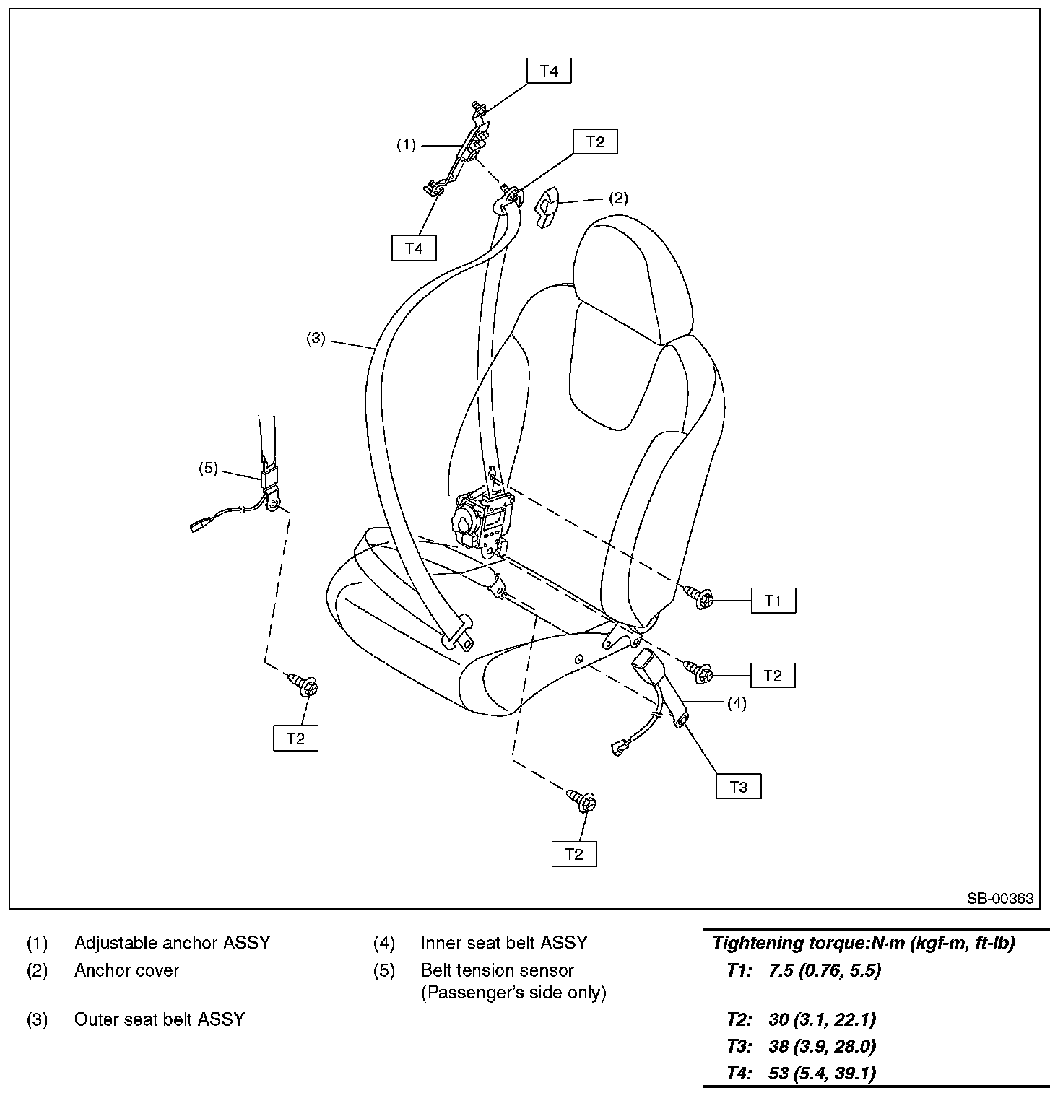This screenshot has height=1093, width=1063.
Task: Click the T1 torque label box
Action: pyautogui.click(x=773, y=601)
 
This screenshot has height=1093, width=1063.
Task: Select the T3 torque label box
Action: pyautogui.click(x=739, y=786)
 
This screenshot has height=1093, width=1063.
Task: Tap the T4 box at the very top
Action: pyautogui.click(x=549, y=71)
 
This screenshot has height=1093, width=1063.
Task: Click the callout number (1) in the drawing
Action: pyautogui.click(x=407, y=145)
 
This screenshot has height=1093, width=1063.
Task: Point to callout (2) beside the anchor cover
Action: pyautogui.click(x=618, y=198)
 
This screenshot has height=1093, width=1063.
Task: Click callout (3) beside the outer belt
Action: pyautogui.click(x=316, y=338)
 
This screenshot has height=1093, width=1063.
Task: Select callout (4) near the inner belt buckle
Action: pyautogui.click(x=736, y=702)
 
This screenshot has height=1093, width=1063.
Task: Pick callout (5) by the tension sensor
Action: pyautogui.click(x=208, y=468)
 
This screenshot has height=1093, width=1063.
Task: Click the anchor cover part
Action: pyautogui.click(x=549, y=205)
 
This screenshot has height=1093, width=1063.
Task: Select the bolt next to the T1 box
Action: pyautogui.click(x=699, y=596)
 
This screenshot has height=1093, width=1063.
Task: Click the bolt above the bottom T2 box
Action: pyautogui.click(x=583, y=801)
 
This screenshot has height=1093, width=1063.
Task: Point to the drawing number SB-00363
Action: pyautogui.click(x=1000, y=899)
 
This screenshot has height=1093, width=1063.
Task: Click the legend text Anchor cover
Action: pyautogui.click(x=126, y=970)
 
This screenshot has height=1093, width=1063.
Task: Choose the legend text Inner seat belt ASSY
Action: pyautogui.click(x=504, y=943)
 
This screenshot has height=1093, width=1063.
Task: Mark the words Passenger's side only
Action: pyautogui.click(x=513, y=993)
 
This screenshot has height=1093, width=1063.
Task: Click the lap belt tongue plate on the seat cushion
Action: pyautogui.click(x=457, y=633)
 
